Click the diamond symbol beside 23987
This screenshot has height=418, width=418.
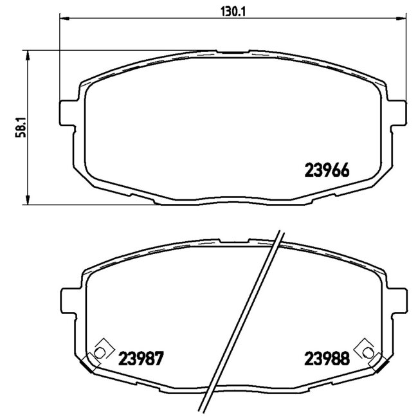[99, 351]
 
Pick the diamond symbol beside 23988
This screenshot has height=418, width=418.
[367, 351]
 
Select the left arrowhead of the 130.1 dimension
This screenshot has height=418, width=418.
[64, 19]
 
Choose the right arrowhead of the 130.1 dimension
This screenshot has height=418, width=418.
[402, 19]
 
